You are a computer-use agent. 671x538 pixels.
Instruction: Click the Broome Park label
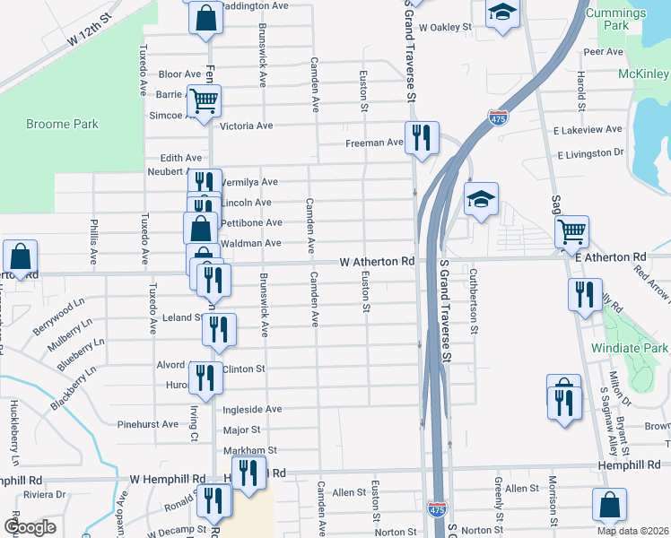62,125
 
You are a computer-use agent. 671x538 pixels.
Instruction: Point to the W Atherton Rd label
377,262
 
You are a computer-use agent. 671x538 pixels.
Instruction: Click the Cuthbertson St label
473,299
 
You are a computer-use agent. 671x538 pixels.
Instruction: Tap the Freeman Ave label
375,143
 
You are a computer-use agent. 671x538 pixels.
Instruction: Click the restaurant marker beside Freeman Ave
421,138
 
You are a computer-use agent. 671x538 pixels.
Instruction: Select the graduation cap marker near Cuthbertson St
481,199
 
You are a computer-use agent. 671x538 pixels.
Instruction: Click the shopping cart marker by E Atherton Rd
571,231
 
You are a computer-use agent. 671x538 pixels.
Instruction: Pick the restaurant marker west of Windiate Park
585,294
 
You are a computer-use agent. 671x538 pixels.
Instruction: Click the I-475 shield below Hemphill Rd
437,509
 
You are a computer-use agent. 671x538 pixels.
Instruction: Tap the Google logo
30,527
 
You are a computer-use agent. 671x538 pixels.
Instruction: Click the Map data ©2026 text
632,531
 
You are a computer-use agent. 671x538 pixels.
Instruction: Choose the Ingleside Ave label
251,409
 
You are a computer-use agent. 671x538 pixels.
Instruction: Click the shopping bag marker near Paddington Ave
205,17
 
